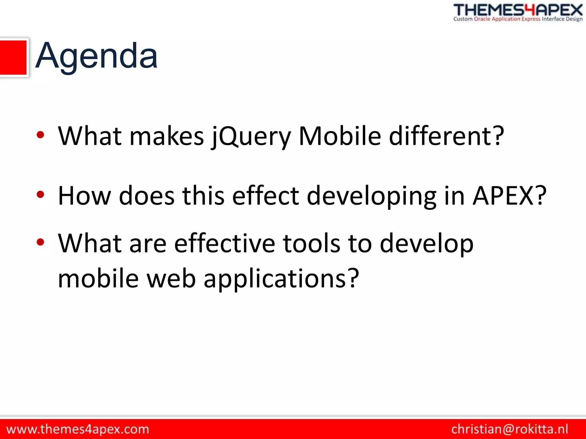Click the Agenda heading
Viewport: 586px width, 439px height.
click(x=96, y=56)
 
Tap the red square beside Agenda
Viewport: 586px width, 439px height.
click(x=13, y=58)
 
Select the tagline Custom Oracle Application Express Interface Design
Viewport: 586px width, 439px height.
click(x=518, y=19)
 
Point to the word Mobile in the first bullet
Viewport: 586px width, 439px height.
click(x=340, y=136)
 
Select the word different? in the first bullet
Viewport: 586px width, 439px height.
click(x=446, y=136)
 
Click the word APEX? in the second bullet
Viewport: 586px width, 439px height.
click(x=509, y=196)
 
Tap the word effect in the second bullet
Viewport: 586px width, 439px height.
click(x=266, y=196)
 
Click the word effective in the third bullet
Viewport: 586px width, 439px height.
click(x=225, y=244)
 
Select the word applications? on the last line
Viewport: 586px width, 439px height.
click(x=281, y=279)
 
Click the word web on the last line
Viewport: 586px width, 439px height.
click(x=171, y=279)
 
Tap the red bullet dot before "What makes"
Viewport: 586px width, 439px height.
click(x=40, y=135)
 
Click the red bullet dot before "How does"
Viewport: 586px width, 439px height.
click(x=40, y=195)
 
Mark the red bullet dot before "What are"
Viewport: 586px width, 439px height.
click(x=40, y=242)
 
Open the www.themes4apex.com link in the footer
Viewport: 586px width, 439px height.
click(x=78, y=429)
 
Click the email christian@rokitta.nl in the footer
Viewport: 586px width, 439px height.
click(x=510, y=429)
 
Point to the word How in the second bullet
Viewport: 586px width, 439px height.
click(x=84, y=196)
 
